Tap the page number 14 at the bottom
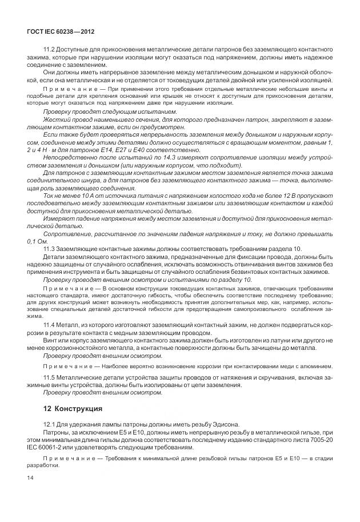coord(30,477)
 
